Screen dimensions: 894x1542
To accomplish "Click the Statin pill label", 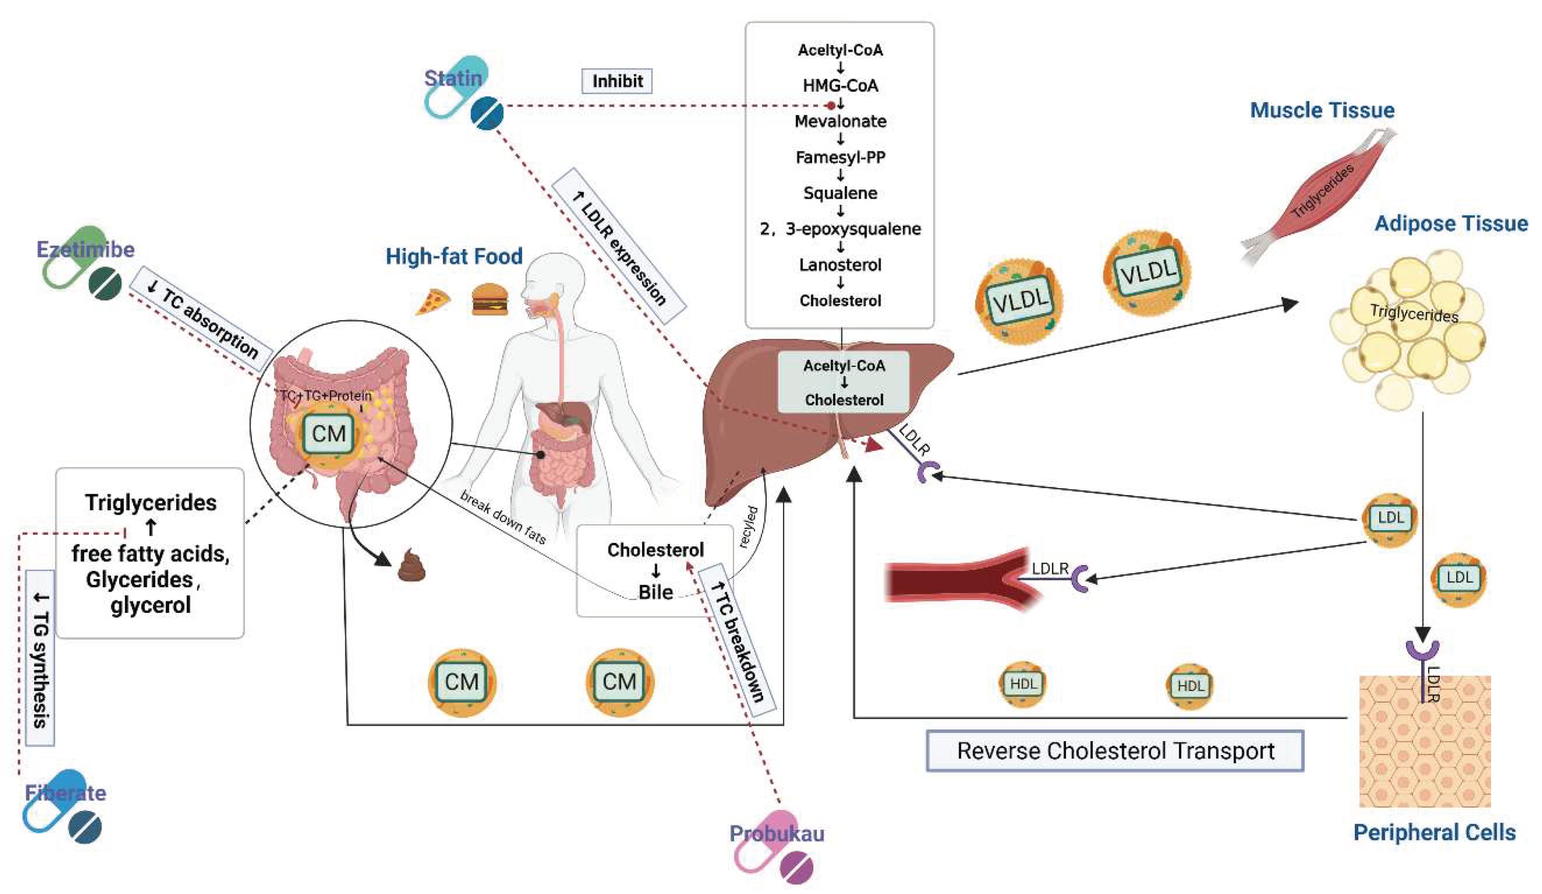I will click(453, 78).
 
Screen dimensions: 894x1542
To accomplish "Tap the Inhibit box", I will click(617, 81).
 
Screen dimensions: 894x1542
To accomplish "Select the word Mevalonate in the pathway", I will click(840, 121).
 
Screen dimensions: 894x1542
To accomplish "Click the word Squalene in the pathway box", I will click(840, 193).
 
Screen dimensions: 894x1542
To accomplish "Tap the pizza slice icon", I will click(433, 302).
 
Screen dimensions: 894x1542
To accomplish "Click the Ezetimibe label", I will click(85, 249).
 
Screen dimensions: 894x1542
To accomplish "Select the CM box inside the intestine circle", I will click(329, 434).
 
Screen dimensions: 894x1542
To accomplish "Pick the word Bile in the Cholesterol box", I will click(655, 592).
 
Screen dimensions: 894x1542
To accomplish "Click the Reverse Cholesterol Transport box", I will click(1115, 750).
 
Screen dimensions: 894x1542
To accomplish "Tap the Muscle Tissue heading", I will click(1322, 110).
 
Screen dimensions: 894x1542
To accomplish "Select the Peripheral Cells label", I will click(1434, 832).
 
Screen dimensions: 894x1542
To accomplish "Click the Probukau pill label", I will click(777, 834).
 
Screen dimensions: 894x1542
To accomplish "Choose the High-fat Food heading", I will click(454, 256).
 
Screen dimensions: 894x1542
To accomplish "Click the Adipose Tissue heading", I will click(1450, 224).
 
